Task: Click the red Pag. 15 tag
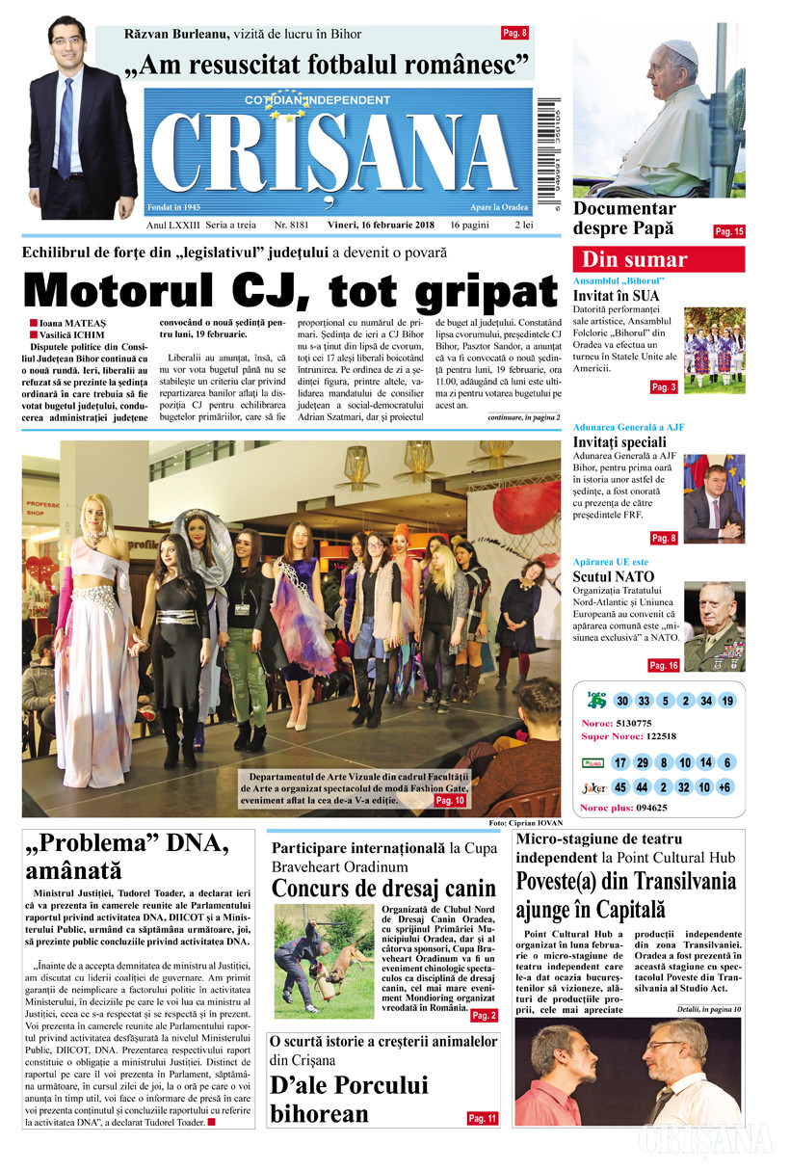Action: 729,231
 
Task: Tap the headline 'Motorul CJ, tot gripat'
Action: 290,290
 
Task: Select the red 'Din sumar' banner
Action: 658,259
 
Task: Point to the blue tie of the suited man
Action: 66,125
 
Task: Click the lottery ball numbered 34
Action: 706,701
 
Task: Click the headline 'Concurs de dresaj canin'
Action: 383,887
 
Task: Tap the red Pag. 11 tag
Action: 482,1118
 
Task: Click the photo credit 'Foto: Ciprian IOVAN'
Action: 524,822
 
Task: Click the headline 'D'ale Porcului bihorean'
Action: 349,1100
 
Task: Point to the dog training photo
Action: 323,960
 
